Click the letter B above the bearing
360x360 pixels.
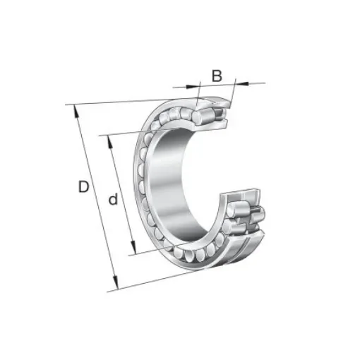tap(217, 75)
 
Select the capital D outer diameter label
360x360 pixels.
tap(83, 188)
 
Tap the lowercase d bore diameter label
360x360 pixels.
tap(112, 200)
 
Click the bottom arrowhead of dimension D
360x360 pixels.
tap(114, 285)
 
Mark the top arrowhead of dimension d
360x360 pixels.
tap(109, 139)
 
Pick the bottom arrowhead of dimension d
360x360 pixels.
tap(131, 251)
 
